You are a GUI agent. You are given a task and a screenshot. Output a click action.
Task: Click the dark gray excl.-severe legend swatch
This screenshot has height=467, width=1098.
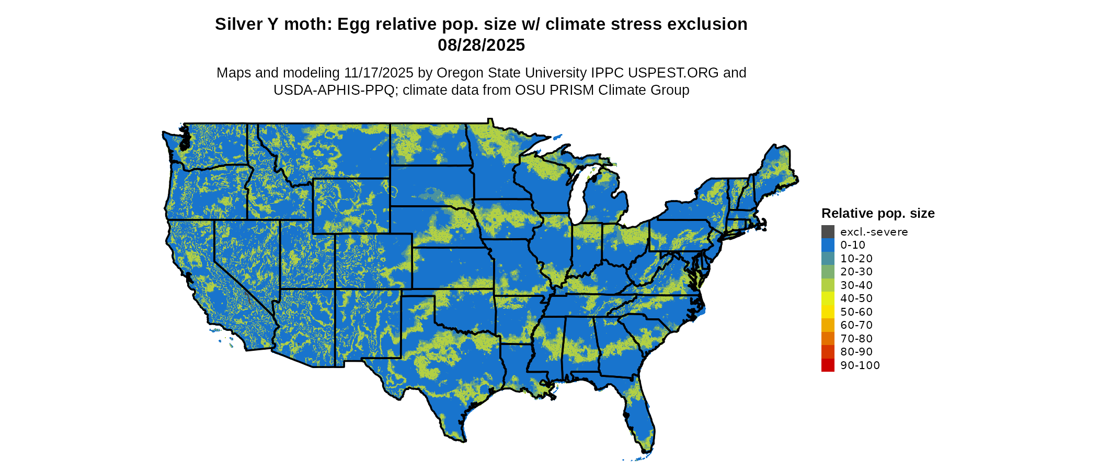(x=828, y=231)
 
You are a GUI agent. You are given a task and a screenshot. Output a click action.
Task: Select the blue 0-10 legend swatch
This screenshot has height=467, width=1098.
(x=828, y=245)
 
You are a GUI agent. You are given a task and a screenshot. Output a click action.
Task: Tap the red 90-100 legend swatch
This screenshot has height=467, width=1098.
(x=828, y=365)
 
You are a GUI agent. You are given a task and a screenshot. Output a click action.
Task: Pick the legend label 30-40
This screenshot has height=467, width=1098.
(x=856, y=285)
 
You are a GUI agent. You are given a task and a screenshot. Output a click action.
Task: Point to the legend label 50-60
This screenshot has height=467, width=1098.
(x=856, y=312)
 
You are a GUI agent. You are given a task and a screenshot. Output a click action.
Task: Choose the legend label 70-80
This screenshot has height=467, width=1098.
(x=856, y=339)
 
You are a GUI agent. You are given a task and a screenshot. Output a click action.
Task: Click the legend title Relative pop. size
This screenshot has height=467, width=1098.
(x=878, y=214)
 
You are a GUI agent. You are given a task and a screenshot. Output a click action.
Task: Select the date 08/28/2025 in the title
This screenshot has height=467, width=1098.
(x=481, y=46)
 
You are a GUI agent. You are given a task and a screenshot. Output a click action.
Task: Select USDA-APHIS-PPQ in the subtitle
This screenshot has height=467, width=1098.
(x=334, y=91)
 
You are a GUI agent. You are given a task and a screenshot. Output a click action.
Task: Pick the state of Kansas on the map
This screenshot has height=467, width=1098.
(x=452, y=268)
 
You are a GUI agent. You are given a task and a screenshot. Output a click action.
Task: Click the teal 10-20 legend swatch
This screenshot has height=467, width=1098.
(x=828, y=259)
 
